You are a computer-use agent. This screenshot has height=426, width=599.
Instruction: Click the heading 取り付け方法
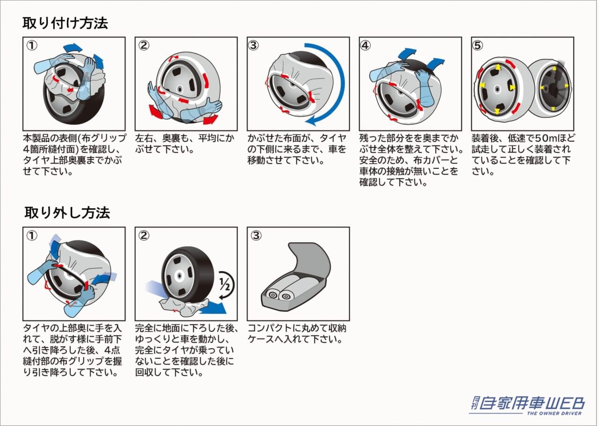tap(65, 23)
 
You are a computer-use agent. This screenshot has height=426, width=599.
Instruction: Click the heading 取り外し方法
tap(67, 213)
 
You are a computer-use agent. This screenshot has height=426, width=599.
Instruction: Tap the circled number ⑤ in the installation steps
tap(478, 46)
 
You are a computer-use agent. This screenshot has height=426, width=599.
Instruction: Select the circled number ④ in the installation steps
tap(365, 46)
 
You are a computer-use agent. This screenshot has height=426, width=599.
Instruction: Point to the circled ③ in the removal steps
tap(256, 236)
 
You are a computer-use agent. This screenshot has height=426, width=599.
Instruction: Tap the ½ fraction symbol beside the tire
tap(225, 284)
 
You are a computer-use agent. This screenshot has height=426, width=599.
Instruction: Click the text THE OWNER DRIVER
tap(555, 413)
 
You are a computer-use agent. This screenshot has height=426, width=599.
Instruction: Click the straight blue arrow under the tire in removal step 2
tap(212, 307)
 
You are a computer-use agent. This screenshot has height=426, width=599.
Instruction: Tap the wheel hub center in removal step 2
tap(179, 275)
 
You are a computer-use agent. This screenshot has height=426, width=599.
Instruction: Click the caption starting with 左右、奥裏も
tap(184, 144)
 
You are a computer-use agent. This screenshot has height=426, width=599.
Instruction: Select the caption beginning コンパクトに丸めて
tap(297, 334)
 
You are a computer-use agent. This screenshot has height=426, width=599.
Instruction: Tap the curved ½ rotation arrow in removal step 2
tap(229, 285)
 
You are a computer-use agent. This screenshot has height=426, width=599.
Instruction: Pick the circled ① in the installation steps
tap(31, 46)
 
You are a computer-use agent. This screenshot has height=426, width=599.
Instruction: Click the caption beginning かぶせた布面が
tap(297, 149)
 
